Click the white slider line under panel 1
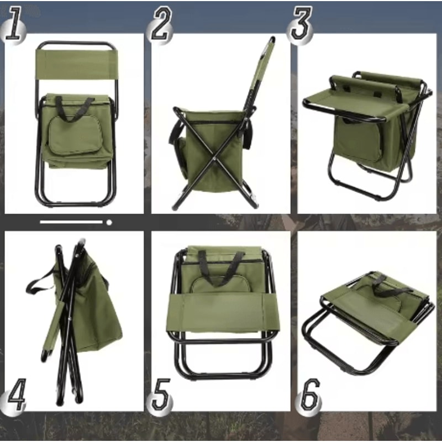point(72,222)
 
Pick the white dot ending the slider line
point(109,222)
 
